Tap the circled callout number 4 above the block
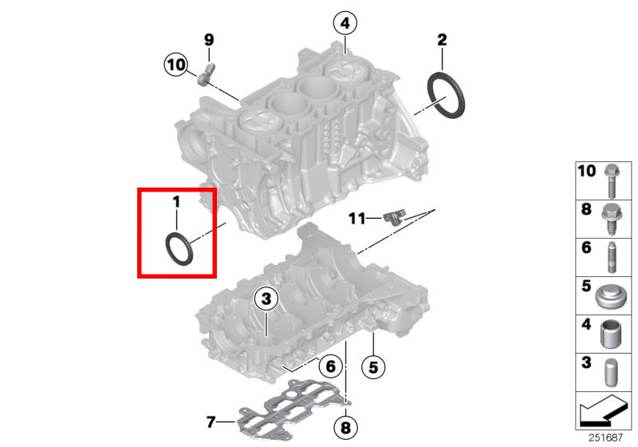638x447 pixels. click(x=345, y=23)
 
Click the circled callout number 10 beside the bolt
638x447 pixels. click(x=176, y=65)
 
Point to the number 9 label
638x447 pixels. click(x=209, y=40)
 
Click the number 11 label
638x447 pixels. click(x=357, y=219)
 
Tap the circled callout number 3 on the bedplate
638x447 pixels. click(x=266, y=299)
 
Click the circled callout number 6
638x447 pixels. click(x=330, y=366)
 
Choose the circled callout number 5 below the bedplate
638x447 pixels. click(x=373, y=368)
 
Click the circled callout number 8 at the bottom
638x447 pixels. click(x=345, y=428)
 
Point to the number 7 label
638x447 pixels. click(x=211, y=421)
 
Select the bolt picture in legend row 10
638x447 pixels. click(x=611, y=180)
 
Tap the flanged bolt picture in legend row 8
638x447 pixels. click(x=611, y=219)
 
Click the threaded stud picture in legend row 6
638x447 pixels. click(x=612, y=257)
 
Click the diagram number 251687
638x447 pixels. click(x=606, y=437)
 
